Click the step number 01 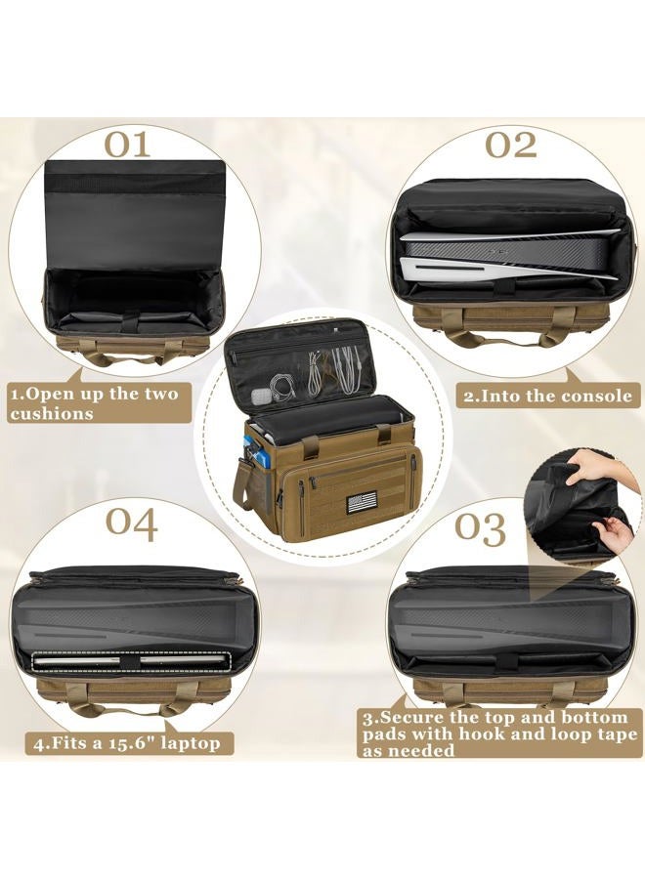(x=128, y=145)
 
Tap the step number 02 (x=511, y=145)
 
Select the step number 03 (x=480, y=528)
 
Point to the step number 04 (x=132, y=524)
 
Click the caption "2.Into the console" (x=548, y=396)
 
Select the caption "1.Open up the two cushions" (x=93, y=402)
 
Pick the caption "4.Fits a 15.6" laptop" (x=127, y=743)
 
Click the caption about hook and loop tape (x=499, y=733)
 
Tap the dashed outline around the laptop (x=131, y=661)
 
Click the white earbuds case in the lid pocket (x=260, y=396)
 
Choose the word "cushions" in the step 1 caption (x=51, y=414)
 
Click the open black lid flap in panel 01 (x=132, y=214)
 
